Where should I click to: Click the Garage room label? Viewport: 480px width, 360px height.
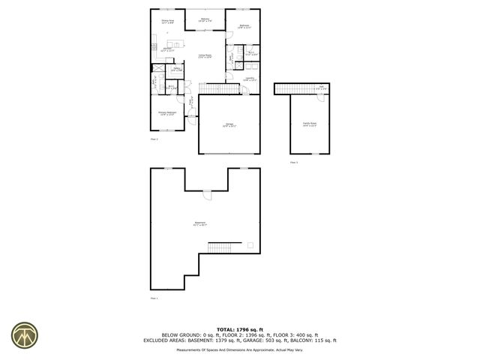(229, 125)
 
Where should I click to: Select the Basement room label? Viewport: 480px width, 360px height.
(200, 223)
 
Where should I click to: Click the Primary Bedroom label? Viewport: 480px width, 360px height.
(167, 113)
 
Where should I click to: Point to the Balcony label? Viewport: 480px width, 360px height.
(205, 19)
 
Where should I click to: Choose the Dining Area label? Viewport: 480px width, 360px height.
(167, 22)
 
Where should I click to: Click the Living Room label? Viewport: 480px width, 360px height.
(205, 56)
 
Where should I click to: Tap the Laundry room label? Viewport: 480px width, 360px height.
(249, 79)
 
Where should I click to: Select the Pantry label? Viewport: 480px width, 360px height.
(177, 69)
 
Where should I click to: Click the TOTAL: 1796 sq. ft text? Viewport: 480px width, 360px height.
(239, 329)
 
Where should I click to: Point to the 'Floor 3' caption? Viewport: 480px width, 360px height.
(294, 162)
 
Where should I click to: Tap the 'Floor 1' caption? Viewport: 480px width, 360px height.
(154, 298)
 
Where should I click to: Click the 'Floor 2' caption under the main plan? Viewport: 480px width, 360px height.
(154, 139)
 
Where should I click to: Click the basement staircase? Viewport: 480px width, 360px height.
(221, 247)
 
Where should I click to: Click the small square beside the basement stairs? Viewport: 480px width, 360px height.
(250, 244)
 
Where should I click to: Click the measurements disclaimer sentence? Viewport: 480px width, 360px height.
(239, 349)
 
